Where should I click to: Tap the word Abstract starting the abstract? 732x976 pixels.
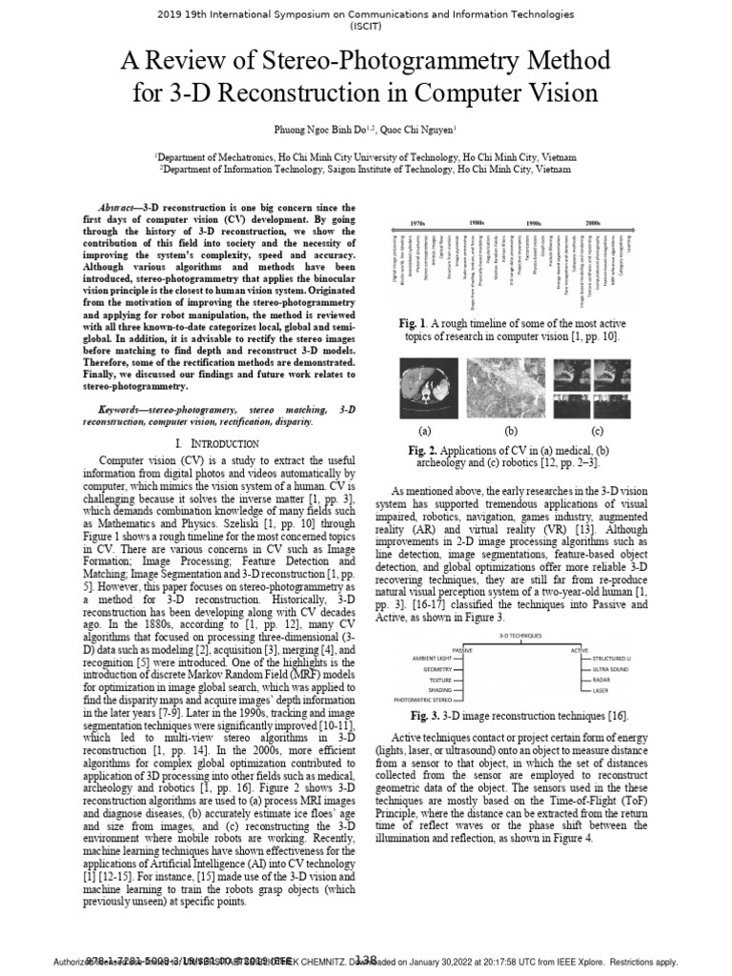pyautogui.click(x=121, y=207)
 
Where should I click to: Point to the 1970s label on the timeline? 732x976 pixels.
pyautogui.click(x=417, y=222)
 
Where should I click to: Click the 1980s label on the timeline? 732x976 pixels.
pyautogui.click(x=476, y=222)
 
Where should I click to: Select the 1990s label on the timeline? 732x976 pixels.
pyautogui.click(x=534, y=222)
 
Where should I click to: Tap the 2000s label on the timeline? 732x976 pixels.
pyautogui.click(x=592, y=222)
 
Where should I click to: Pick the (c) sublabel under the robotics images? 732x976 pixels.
pyautogui.click(x=598, y=430)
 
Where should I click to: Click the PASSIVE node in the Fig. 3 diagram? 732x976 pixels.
pyautogui.click(x=462, y=648)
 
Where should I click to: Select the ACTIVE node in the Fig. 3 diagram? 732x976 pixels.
pyautogui.click(x=579, y=648)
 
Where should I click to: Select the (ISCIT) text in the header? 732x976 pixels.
pyautogui.click(x=365, y=28)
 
